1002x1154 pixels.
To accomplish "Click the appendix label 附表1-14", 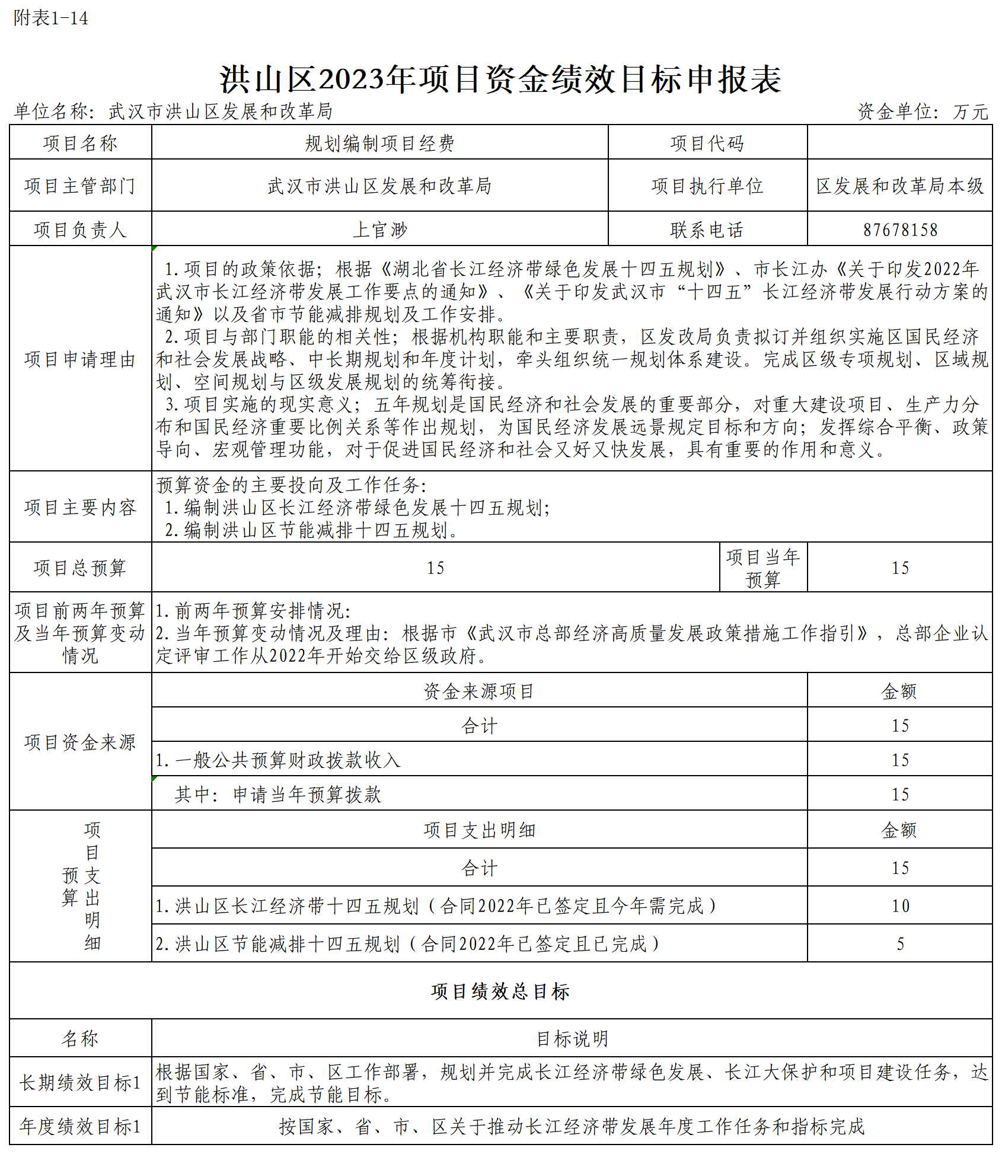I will (x=51, y=18).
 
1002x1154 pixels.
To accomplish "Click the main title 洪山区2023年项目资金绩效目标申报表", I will (x=500, y=79).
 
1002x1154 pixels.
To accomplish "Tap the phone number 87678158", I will (x=900, y=229).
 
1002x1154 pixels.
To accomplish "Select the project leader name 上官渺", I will (x=380, y=229).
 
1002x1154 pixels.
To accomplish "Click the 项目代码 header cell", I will (x=707, y=143).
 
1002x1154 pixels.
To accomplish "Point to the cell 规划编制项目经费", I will (x=380, y=143).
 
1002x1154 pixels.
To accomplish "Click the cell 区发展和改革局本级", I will (x=899, y=186).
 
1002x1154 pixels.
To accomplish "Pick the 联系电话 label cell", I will (x=707, y=229).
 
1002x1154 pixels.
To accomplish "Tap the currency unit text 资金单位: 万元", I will (x=923, y=111).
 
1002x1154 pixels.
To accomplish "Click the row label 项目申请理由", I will (x=80, y=359).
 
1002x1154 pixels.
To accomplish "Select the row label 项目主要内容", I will (x=80, y=507).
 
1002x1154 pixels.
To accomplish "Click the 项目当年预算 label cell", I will (x=763, y=568).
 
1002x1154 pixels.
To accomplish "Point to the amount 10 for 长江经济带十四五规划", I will (x=900, y=906).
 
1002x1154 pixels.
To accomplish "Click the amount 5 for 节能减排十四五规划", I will (x=900, y=943).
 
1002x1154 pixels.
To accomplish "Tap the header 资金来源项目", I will (x=479, y=691).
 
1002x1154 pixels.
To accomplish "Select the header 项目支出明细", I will (x=479, y=830).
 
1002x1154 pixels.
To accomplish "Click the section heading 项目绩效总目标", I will (x=500, y=991).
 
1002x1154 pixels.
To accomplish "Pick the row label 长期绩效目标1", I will (x=80, y=1082).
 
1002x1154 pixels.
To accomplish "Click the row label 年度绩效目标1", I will (x=80, y=1126).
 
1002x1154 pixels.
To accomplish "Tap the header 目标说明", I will (x=572, y=1038).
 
